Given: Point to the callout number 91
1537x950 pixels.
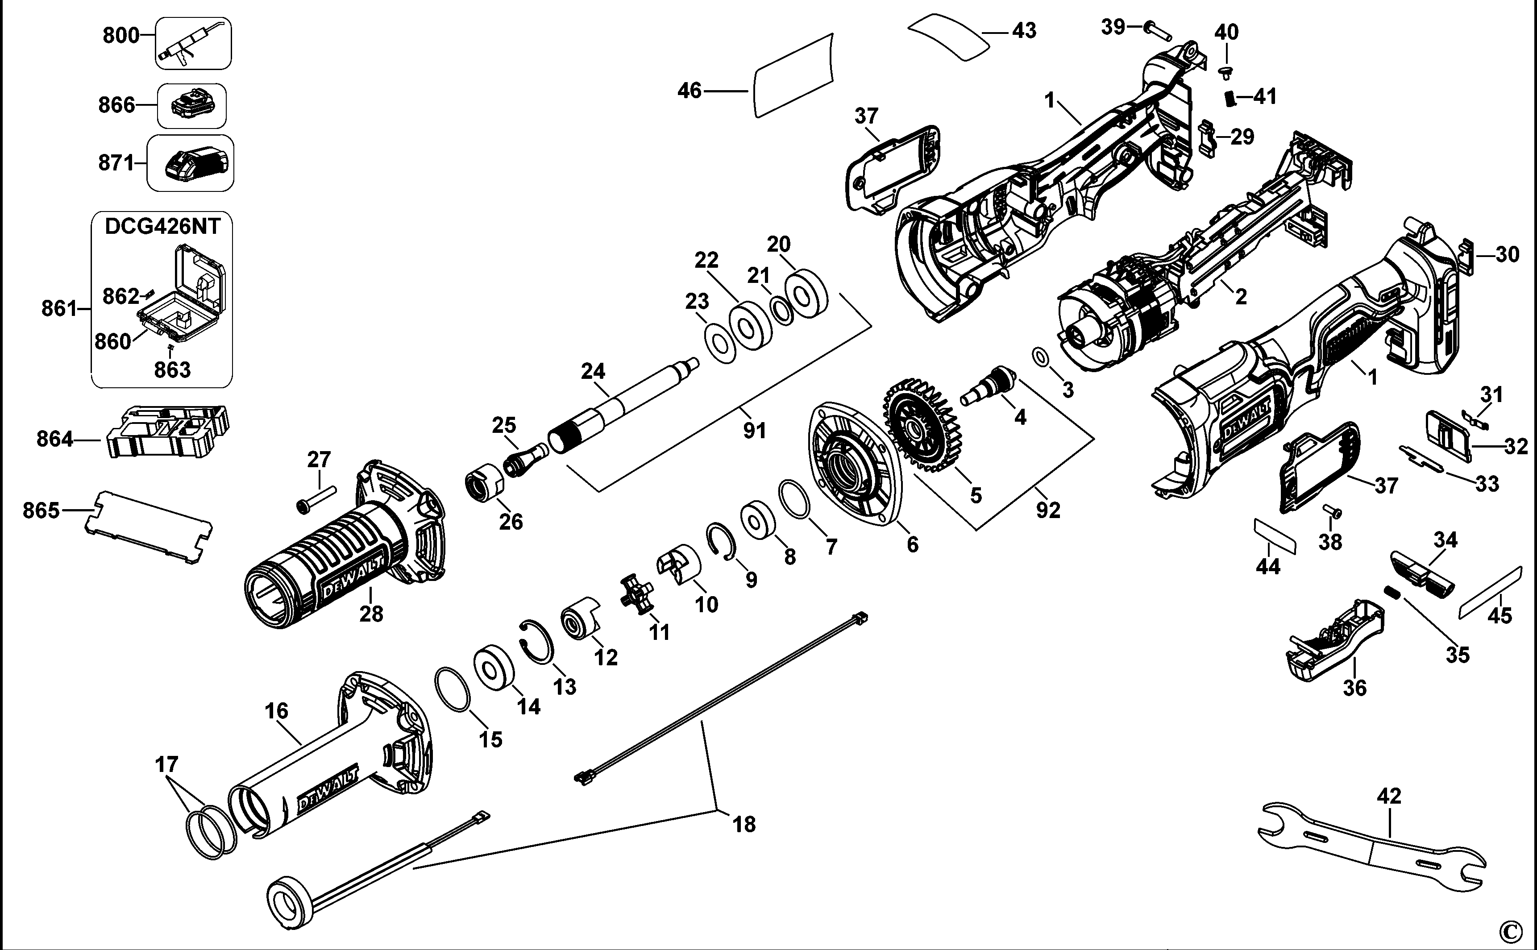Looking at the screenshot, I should coord(754,431).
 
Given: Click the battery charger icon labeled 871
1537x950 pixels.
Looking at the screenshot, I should coord(196,165).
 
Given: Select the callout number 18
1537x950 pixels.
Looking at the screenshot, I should coord(744,824).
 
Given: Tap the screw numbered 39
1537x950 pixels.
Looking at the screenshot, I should coord(1158,30).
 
